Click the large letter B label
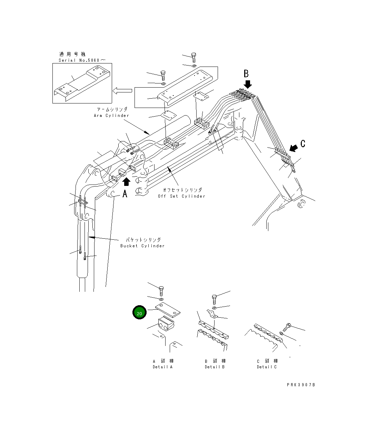point(246,74)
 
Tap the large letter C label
point(303,143)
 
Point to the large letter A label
point(125,194)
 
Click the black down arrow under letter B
point(248,84)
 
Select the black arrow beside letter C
point(294,148)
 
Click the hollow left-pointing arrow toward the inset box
point(122,91)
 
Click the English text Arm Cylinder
point(111,116)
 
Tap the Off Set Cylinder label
point(181,196)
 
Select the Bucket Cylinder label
point(142,246)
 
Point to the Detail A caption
point(162,367)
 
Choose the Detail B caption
point(215,367)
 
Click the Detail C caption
point(267,367)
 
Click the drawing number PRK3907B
point(301,385)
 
